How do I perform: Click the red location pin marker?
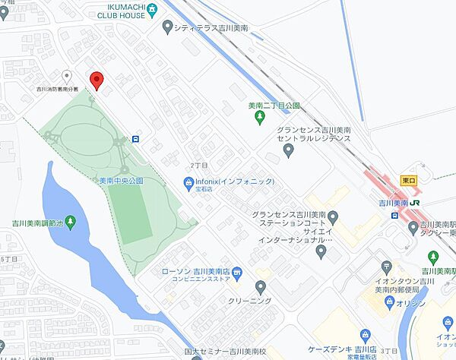(96, 80)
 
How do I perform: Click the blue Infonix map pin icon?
(188, 182)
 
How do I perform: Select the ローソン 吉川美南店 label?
(195, 271)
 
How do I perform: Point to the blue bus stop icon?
(135, 139)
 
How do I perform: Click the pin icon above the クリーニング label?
(261, 286)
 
